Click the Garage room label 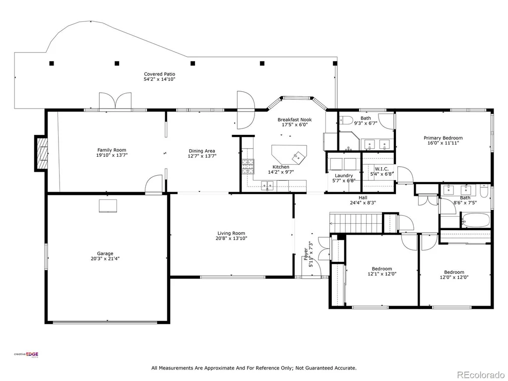point(105,254)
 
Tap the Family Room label point(112,150)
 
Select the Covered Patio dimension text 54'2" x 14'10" point(160,79)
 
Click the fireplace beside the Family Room point(41,153)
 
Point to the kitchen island point(289,154)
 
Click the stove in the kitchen point(248,167)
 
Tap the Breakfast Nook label point(295,120)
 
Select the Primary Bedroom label point(443,138)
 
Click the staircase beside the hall point(356,223)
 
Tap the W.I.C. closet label point(381,169)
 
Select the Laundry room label point(344,176)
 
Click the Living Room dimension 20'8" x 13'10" point(231,239)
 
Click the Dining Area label point(202,151)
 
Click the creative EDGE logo point(26,355)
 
